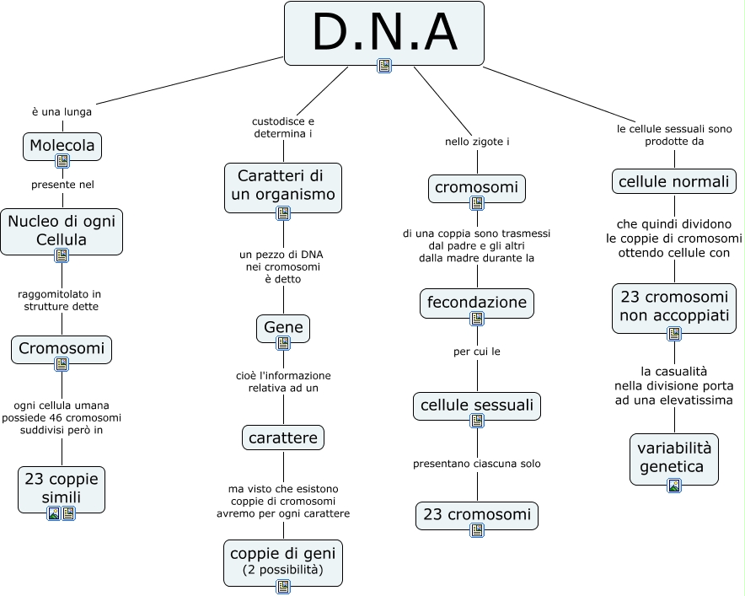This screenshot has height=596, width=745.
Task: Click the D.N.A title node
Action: coord(383,32)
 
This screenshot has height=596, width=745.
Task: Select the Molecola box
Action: coord(62,145)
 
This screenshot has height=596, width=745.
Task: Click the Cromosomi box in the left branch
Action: coord(62,348)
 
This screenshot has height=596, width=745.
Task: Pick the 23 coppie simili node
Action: coord(62,488)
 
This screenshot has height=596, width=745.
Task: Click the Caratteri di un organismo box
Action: coord(282,185)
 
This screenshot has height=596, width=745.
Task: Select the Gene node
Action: coord(282,327)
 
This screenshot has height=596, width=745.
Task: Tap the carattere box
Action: coord(282,438)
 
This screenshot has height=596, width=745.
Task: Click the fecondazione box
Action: coord(476,302)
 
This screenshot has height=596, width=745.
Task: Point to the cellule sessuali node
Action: coord(476,405)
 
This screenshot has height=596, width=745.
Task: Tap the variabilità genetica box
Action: coord(673,457)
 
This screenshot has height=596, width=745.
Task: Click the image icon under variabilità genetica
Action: coord(673,486)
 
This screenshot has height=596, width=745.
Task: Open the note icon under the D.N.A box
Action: coord(384,66)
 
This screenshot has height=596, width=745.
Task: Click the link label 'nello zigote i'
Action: coord(477,142)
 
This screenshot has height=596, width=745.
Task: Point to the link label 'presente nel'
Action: coord(62,184)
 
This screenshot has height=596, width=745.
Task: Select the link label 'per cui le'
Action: coord(477,352)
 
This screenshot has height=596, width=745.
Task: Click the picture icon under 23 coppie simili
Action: coord(54,513)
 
